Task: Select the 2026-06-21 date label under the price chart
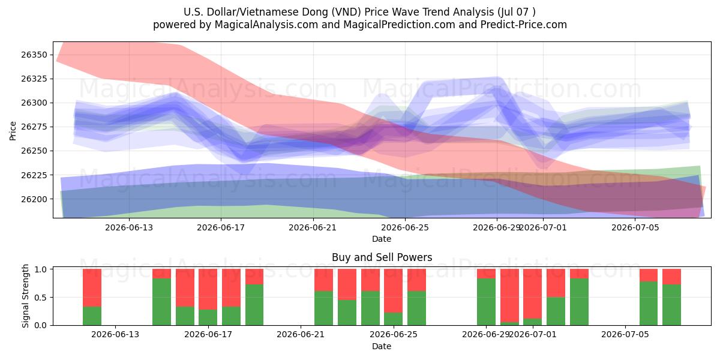pyautogui.click(x=313, y=227)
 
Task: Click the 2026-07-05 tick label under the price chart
pyautogui.click(x=635, y=227)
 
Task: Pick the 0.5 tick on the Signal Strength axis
pyautogui.click(x=41, y=298)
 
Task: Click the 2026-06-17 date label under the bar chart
pyautogui.click(x=208, y=335)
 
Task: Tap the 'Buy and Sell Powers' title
pyautogui.click(x=382, y=257)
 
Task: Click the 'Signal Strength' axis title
pyautogui.click(x=25, y=296)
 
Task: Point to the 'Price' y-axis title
pyautogui.click(x=13, y=131)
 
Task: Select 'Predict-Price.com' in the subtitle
pyautogui.click(x=524, y=25)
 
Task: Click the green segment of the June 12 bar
pyautogui.click(x=92, y=316)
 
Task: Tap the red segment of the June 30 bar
pyautogui.click(x=509, y=295)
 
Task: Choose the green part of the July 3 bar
pyautogui.click(x=579, y=302)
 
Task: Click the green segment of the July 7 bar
pyautogui.click(x=671, y=305)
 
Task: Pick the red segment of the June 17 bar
pyautogui.click(x=208, y=289)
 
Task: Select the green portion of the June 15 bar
pyautogui.click(x=161, y=302)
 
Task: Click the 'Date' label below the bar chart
pyautogui.click(x=382, y=347)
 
